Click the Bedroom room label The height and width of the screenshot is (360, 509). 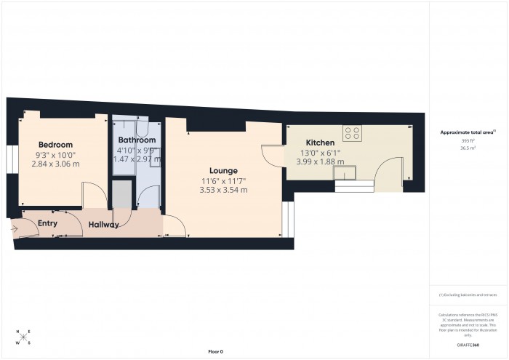click(x=56, y=144)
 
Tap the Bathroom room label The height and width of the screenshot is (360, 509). click(x=137, y=140)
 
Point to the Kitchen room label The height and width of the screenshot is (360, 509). click(x=320, y=143)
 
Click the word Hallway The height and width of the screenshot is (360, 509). click(x=104, y=225)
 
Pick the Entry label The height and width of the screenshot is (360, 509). click(x=47, y=223)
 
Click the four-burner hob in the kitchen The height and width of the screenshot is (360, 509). click(x=353, y=133)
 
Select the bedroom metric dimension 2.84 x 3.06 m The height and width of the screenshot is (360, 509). click(x=56, y=164)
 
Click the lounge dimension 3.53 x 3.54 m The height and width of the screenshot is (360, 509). click(x=225, y=191)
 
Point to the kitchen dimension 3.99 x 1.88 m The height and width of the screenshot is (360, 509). click(x=320, y=161)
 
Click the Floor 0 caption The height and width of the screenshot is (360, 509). click(x=215, y=351)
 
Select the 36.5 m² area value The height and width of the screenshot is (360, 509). click(x=468, y=148)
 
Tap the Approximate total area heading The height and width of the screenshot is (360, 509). click(x=468, y=132)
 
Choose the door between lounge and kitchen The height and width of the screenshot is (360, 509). click(x=272, y=153)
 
